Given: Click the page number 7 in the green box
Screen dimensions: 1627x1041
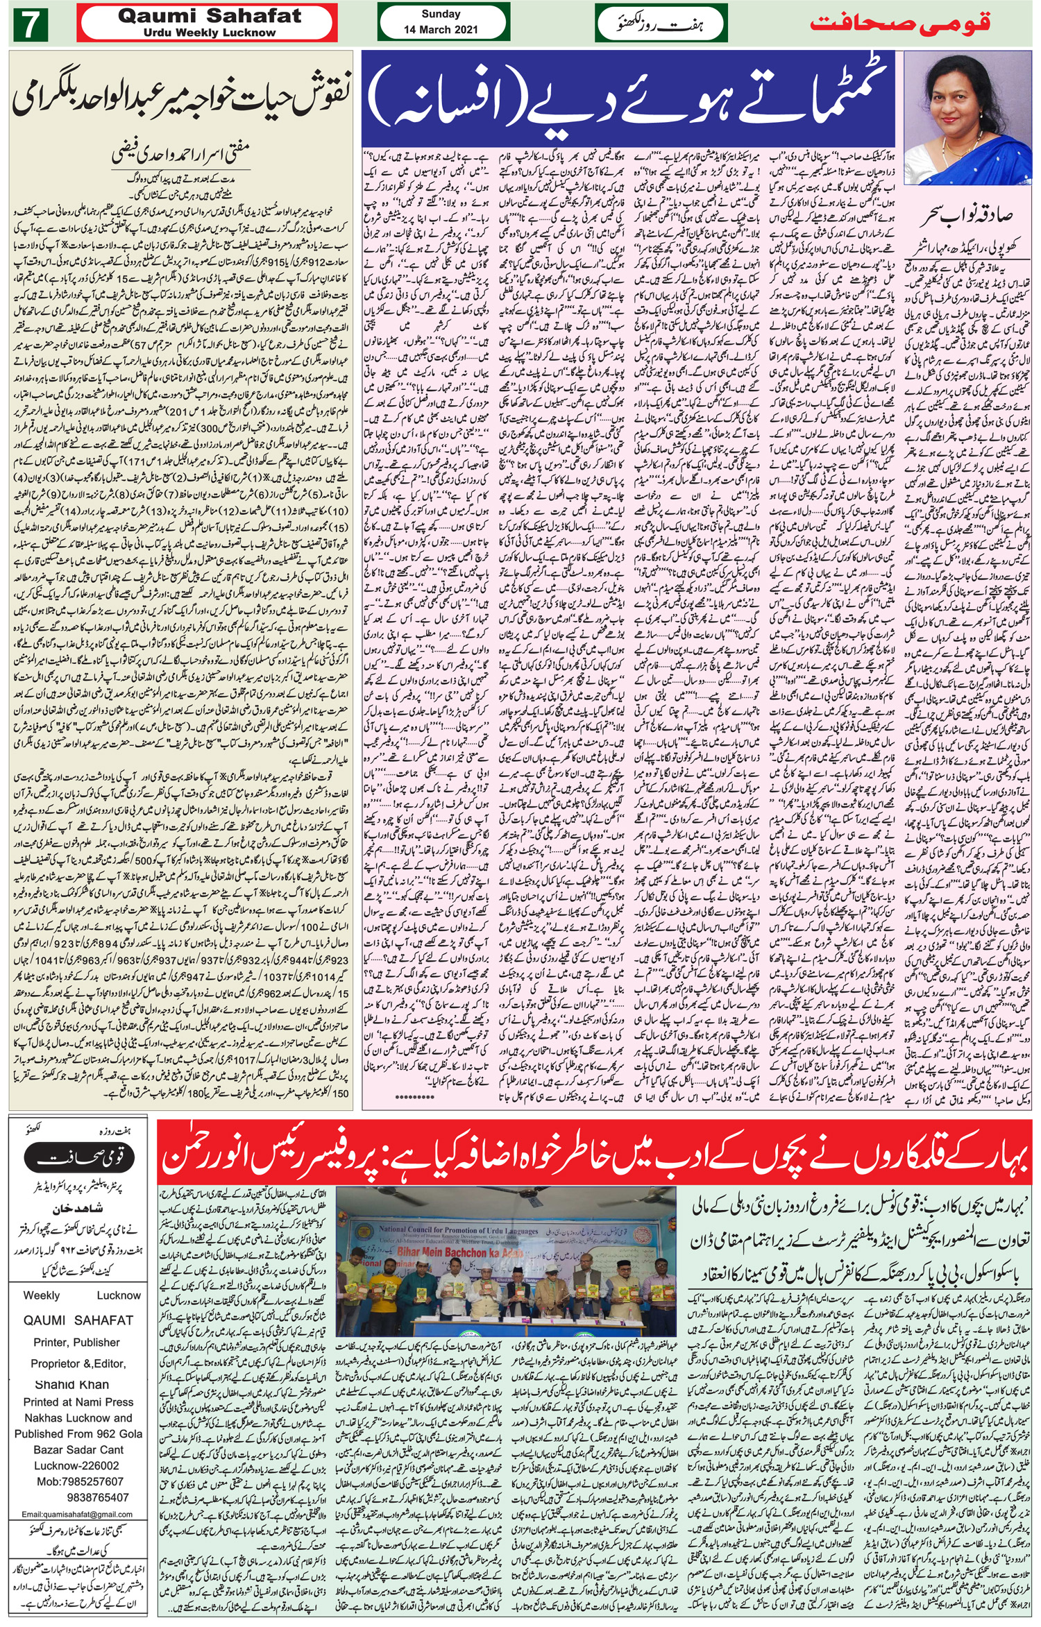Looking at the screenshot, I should click(29, 25).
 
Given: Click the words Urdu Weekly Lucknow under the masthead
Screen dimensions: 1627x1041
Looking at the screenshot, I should click(210, 33).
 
